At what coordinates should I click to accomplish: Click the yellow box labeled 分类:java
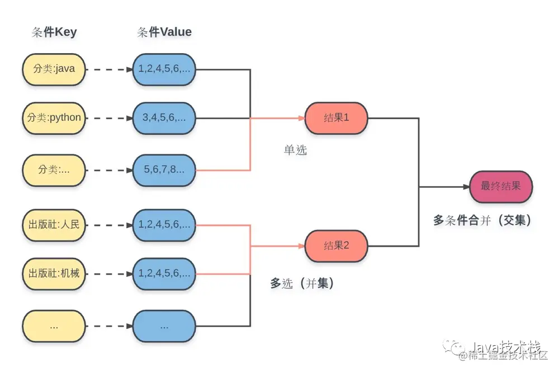54,69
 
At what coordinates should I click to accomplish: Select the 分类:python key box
54,118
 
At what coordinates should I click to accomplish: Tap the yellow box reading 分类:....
54,169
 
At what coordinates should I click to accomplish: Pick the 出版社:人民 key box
54,225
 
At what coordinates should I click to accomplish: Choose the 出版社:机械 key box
54,274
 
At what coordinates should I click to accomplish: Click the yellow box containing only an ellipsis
54,326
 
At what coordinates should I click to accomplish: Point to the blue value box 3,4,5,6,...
164,118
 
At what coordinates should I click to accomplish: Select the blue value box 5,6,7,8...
164,169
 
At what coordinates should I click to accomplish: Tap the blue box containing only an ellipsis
164,326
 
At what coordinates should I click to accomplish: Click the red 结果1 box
336,118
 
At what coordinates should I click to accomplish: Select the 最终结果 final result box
500,186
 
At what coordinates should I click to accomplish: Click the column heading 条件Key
54,32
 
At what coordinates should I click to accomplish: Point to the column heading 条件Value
164,32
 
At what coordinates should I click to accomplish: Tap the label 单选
295,150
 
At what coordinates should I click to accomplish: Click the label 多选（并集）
302,284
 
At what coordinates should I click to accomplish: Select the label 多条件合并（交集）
482,220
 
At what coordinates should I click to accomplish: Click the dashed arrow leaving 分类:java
108,70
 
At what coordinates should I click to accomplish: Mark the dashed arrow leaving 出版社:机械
108,274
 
